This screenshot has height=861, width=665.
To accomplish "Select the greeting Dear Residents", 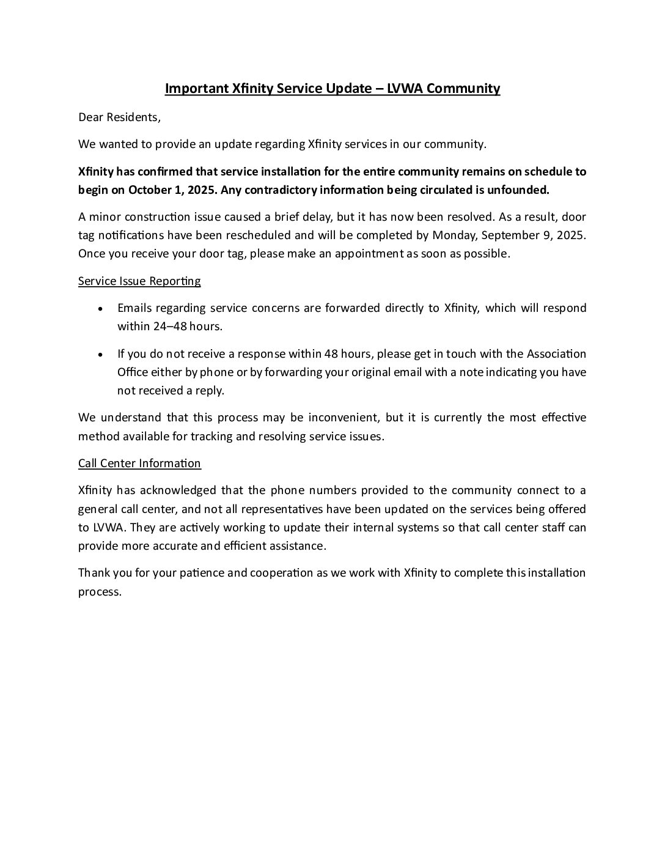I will pos(119,117).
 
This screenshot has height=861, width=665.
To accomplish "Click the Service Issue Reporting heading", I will pos(139,281).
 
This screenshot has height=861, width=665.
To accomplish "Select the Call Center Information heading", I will pos(139,463).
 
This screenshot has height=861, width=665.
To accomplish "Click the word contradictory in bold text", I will pos(268,190).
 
